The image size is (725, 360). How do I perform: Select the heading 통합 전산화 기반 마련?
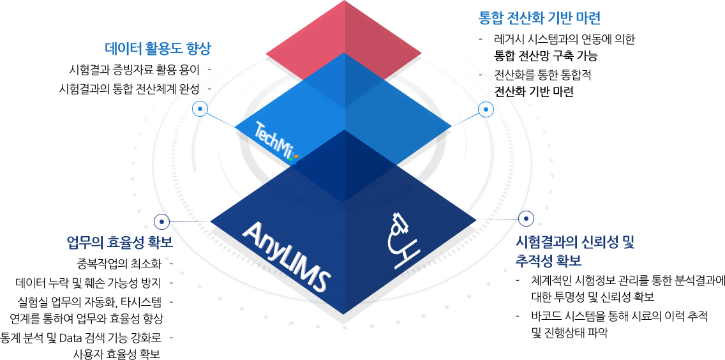[x=539, y=17]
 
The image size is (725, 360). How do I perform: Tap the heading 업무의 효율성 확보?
[x=119, y=243]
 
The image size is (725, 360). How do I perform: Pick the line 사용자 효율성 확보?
[x=117, y=354]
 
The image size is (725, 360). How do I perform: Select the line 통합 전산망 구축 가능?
[x=546, y=56]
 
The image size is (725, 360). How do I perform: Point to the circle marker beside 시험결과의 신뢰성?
[x=527, y=219]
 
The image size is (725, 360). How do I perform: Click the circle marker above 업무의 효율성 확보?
[x=161, y=221]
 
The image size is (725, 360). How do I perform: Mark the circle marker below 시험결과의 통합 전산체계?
[x=200, y=109]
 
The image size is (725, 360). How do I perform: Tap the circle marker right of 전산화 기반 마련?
[x=486, y=110]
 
